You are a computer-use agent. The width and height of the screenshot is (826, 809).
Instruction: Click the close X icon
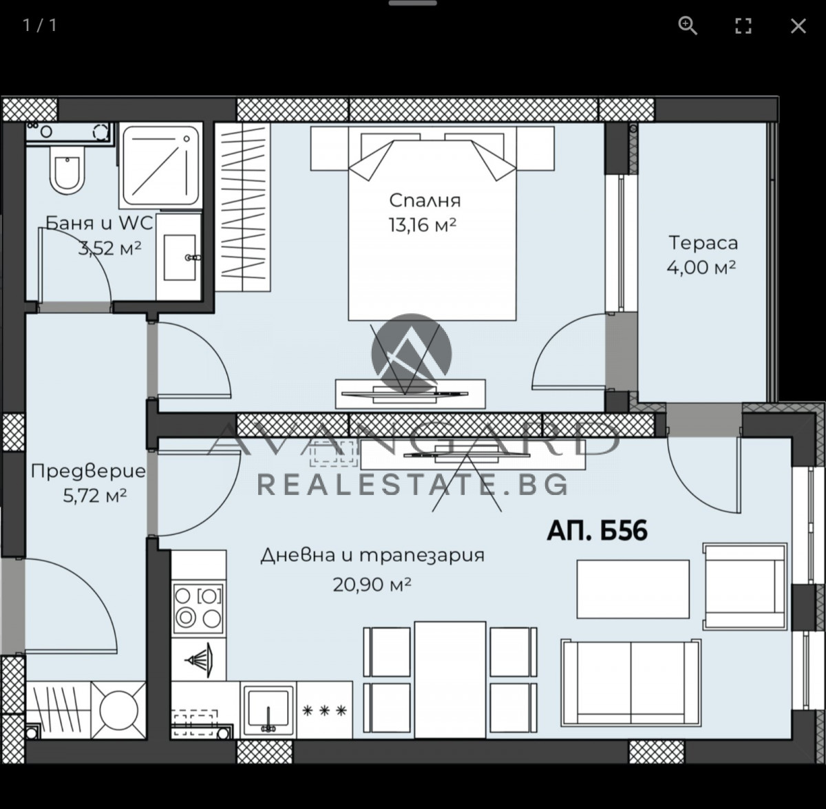coord(798,26)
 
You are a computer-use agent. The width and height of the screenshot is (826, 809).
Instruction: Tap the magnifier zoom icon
coord(688,25)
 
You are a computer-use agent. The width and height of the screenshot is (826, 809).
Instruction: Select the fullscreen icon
coord(743,26)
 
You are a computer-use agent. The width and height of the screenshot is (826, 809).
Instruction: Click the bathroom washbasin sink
coord(179,257)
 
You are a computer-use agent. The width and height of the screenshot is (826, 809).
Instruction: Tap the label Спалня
coord(425,200)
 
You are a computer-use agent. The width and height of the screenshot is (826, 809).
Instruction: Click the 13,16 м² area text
coord(423,224)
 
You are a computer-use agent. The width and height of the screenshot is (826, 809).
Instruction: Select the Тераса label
coord(703,243)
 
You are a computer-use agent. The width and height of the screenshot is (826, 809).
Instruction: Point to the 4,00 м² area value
coord(701,267)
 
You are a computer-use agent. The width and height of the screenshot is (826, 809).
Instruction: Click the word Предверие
coord(88,472)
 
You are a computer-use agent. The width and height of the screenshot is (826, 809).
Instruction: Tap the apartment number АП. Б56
coord(597,531)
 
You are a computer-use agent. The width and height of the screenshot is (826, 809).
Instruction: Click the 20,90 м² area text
coord(372,585)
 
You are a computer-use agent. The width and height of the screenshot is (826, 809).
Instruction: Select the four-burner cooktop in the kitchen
coord(198,608)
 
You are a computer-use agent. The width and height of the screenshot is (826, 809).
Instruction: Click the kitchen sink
coord(268,710)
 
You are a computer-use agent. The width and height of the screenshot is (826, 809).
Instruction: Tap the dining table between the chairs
coord(449,680)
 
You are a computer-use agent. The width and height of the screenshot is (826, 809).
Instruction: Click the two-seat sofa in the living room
coord(631,683)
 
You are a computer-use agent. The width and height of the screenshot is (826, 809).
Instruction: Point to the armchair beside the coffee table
coord(745,587)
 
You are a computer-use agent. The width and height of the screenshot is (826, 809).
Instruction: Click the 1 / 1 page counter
coord(40,25)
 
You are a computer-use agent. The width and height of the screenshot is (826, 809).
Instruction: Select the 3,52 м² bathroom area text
coord(109,248)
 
